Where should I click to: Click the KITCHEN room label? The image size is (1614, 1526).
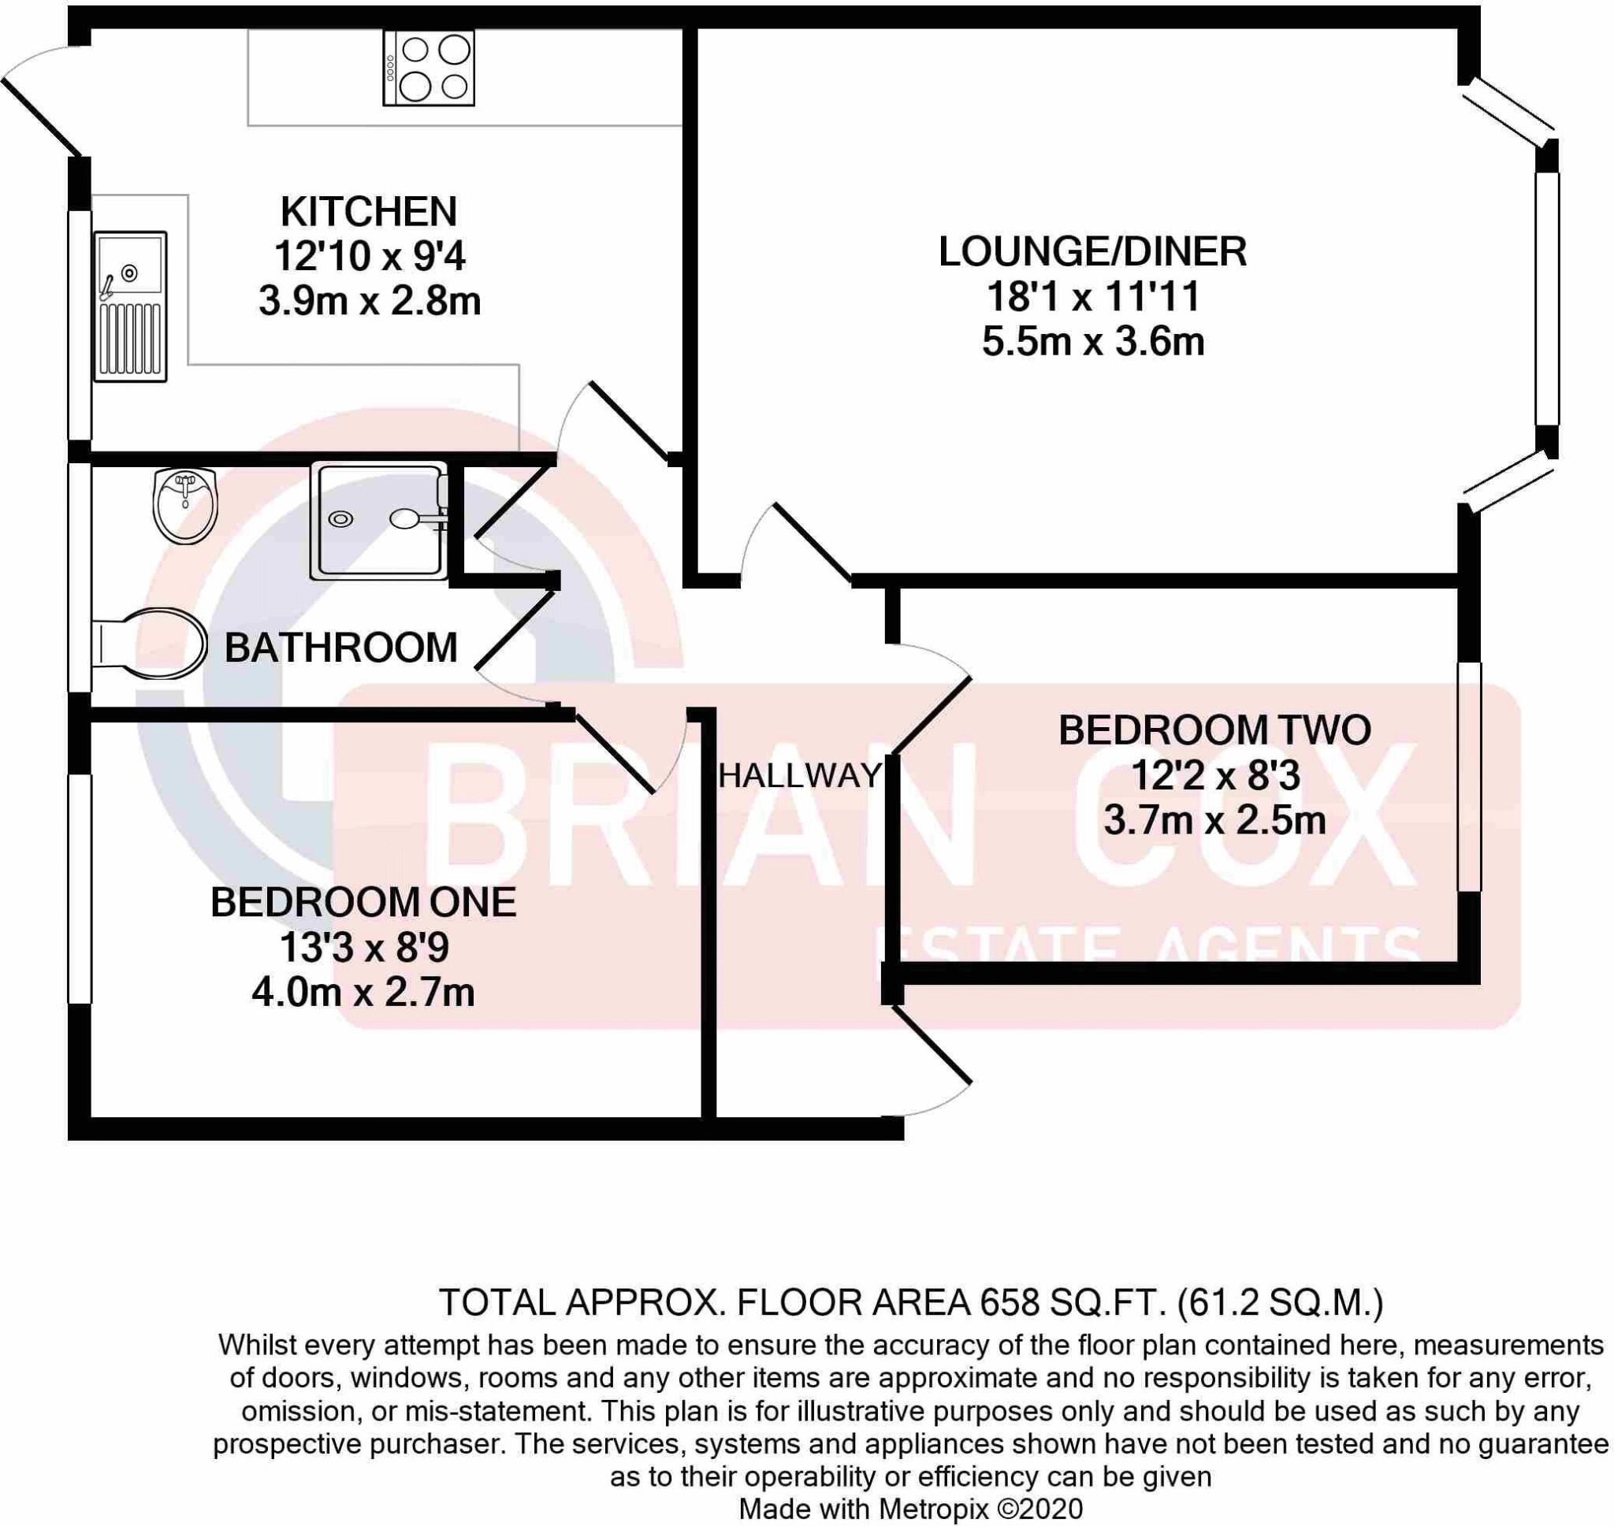click(369, 212)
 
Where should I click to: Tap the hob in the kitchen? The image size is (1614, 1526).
click(429, 69)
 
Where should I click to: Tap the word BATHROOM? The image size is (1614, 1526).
click(341, 648)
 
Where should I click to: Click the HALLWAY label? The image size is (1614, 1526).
click(800, 776)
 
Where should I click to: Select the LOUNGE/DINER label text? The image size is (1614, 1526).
click(1092, 252)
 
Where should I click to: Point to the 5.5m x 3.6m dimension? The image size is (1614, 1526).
click(1092, 343)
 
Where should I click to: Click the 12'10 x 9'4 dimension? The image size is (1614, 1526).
click(370, 257)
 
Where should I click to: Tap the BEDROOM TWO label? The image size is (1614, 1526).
click(1214, 730)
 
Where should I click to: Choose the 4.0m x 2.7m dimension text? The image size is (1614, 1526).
click(363, 993)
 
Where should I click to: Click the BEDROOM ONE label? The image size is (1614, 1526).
click(363, 903)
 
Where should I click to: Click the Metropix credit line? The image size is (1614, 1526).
click(910, 1508)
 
